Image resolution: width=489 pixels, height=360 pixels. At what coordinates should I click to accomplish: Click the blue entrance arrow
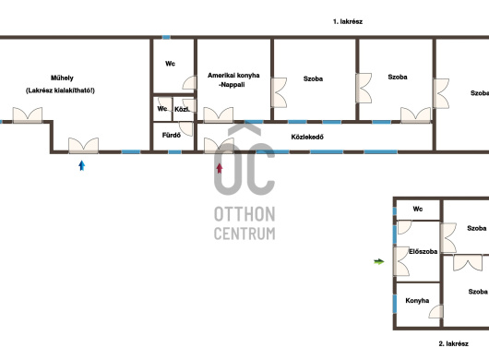point(82,165)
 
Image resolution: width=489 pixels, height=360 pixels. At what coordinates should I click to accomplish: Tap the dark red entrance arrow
point(220,168)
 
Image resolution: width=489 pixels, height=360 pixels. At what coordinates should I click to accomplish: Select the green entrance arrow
point(379,262)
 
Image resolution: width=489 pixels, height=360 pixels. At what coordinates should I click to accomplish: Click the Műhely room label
point(62,78)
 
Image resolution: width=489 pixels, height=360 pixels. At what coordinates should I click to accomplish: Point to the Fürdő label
point(172,136)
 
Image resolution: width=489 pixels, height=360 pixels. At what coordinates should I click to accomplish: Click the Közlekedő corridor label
point(307,137)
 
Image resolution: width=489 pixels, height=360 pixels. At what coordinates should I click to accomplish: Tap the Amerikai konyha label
point(233,75)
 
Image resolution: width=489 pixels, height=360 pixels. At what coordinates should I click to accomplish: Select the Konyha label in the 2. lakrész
point(417,301)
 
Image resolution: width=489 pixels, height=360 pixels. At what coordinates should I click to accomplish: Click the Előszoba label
point(423,251)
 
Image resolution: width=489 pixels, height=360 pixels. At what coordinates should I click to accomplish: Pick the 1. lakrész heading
point(348,21)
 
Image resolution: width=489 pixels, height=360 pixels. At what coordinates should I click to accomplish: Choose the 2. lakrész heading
point(453,343)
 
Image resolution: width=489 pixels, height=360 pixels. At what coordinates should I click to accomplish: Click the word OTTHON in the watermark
point(244,214)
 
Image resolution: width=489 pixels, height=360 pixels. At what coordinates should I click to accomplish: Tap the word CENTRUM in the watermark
point(244,234)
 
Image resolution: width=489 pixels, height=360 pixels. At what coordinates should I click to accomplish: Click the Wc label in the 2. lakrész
point(418,209)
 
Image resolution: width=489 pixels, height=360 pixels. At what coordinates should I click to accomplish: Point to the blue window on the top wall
point(166,37)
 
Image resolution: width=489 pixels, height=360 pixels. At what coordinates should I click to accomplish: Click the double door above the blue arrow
point(83,146)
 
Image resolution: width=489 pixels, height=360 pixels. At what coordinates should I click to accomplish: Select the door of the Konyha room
point(436,312)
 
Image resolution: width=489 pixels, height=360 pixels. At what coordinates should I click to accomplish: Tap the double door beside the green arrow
point(401,261)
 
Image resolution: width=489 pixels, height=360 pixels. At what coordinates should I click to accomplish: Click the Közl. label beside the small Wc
point(182,110)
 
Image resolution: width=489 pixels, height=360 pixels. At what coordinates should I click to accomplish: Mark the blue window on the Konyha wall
point(395,304)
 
